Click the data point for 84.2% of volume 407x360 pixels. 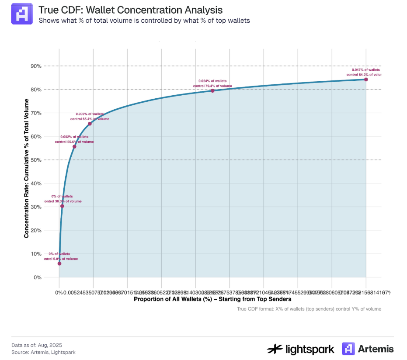[x=366, y=80]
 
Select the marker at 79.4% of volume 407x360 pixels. [x=212, y=90]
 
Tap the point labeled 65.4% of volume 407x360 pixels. [x=90, y=124]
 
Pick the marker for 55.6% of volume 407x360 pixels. [x=74, y=146]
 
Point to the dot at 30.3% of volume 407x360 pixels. [x=62, y=206]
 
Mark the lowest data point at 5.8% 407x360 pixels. [x=59, y=263]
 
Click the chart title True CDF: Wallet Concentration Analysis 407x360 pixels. [x=130, y=10]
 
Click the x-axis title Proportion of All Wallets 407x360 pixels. [x=212, y=299]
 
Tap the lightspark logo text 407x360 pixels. [x=310, y=349]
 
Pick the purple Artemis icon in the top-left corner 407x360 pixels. [x=22, y=14]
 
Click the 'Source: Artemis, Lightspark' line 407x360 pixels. [x=40, y=352]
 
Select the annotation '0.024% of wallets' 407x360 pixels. [x=212, y=81]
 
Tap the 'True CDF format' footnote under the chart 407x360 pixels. [x=309, y=309]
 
